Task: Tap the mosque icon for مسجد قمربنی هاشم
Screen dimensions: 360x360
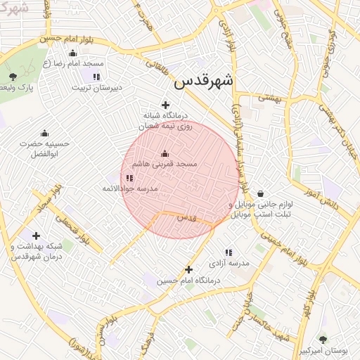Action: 165,153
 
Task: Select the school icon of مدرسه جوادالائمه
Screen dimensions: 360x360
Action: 129,179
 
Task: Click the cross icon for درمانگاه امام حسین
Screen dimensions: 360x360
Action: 188,269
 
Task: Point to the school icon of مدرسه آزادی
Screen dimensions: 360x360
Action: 229,252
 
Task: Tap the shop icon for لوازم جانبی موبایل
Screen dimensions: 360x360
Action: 261,193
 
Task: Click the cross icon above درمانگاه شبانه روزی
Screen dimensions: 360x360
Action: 165,105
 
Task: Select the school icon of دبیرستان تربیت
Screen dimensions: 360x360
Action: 96,77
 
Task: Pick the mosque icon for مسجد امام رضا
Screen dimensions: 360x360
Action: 73,53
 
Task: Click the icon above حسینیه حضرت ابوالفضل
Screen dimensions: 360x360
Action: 44,133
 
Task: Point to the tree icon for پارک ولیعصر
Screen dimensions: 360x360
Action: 13,77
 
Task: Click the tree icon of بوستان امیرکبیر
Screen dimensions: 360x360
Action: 323,340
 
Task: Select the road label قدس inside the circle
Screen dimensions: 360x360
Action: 186,219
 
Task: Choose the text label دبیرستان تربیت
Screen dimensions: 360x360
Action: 97,88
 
